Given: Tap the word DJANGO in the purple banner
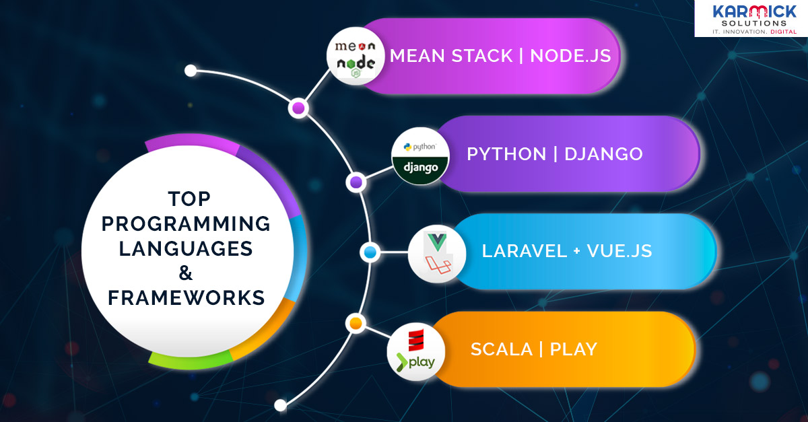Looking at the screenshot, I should point(603,154).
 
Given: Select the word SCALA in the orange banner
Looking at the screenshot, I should point(500,349).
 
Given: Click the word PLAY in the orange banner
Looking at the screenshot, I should point(574,349).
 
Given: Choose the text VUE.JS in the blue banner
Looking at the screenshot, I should point(619,251).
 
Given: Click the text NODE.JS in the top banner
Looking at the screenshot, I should point(571,55).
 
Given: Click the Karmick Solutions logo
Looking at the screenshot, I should point(751,18).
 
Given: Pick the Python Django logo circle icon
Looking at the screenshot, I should point(420,156).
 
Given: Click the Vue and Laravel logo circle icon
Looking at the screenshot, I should point(437,253).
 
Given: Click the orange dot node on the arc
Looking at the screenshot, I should point(356,324).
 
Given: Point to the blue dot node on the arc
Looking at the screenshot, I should point(369,252).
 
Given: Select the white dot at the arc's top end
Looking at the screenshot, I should point(191,70).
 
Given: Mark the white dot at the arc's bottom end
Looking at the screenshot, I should point(281,405).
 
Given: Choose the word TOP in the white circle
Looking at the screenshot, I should point(189,199).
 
